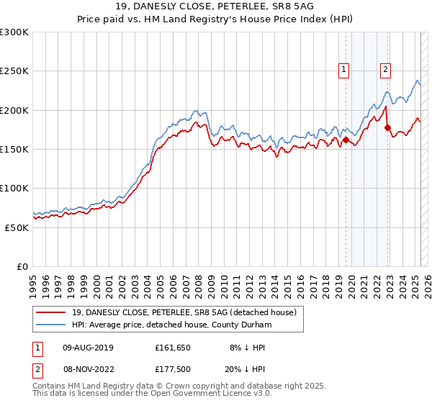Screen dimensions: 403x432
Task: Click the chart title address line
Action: tap(215, 6)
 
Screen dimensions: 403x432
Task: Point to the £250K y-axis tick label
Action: tap(14, 71)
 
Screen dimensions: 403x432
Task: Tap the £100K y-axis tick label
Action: tap(14, 188)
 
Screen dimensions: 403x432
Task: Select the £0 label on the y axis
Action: tap(24, 266)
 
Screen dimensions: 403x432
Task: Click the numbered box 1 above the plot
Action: tap(344, 70)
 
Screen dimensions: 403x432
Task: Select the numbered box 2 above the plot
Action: tap(386, 70)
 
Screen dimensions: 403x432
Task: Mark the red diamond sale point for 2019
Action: tap(346, 140)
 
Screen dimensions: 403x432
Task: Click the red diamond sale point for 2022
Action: tap(388, 128)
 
